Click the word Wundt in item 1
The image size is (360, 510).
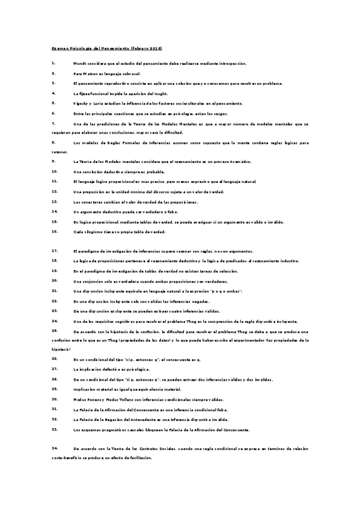(81, 63)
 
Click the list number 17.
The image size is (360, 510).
(55, 250)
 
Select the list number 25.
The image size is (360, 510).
(55, 331)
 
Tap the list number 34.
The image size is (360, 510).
(55, 448)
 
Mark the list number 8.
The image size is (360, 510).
(53, 143)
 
